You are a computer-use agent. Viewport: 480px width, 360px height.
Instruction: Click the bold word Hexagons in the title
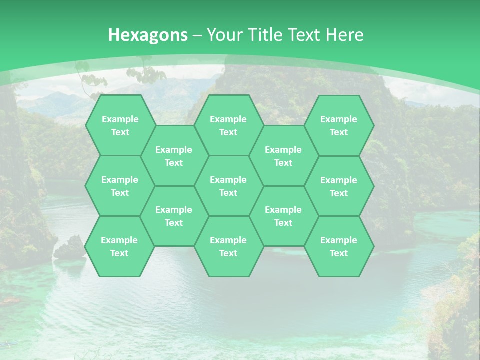[x=148, y=35]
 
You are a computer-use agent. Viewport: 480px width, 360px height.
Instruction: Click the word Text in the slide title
[x=305, y=35]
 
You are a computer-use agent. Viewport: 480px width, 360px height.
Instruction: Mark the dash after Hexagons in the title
[x=197, y=35]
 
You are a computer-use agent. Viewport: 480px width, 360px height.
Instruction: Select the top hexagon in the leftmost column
[x=120, y=125]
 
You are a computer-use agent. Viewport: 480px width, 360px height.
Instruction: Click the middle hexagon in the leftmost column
[x=120, y=186]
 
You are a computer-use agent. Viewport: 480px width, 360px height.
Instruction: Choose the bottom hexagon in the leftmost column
[x=119, y=246]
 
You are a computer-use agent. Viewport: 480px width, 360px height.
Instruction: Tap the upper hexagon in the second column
[x=174, y=156]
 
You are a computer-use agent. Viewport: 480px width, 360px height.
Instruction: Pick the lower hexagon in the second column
[x=174, y=216]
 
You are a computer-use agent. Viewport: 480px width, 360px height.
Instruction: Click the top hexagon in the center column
[x=228, y=125]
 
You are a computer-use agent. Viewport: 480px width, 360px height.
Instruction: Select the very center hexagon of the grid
[x=228, y=186]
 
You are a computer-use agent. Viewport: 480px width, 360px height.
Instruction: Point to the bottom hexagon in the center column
[x=228, y=246]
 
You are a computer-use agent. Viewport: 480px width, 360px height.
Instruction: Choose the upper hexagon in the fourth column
[x=283, y=156]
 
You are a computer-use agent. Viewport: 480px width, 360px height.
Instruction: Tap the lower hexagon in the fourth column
[x=283, y=216]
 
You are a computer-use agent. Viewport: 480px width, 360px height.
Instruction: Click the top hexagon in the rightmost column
[x=339, y=125]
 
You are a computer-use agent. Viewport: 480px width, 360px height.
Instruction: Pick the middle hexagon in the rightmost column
[x=339, y=186]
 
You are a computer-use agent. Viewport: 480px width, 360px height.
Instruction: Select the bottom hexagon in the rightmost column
[x=339, y=246]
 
